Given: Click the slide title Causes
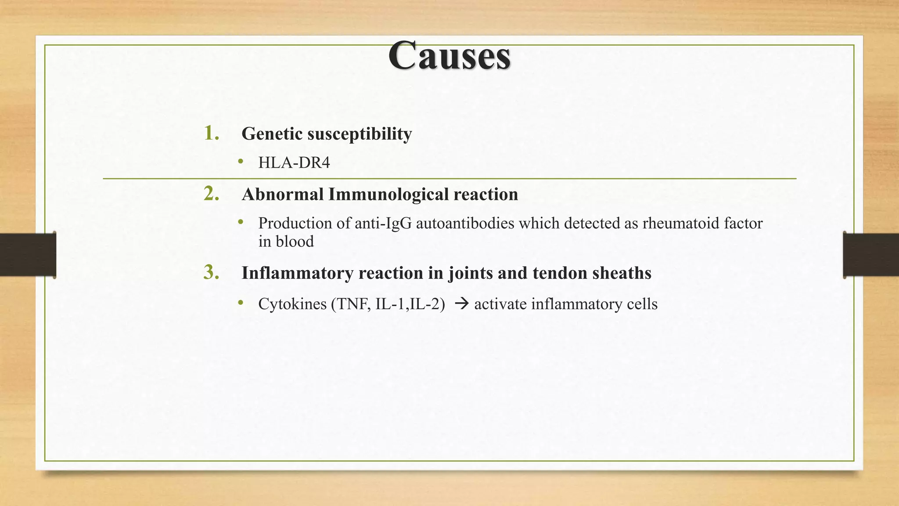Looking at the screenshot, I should tap(449, 56).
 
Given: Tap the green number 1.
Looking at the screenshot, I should tap(211, 133).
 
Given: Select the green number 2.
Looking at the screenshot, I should tap(211, 194).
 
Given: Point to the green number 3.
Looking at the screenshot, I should tap(211, 272).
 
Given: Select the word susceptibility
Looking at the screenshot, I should tap(360, 134).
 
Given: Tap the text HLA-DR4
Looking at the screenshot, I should tap(294, 163).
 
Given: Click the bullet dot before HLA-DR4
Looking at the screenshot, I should tap(240, 162).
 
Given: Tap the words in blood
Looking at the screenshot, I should tap(286, 242).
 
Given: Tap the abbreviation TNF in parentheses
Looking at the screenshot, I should tap(353, 304).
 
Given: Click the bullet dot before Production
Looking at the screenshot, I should tap(240, 223).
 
